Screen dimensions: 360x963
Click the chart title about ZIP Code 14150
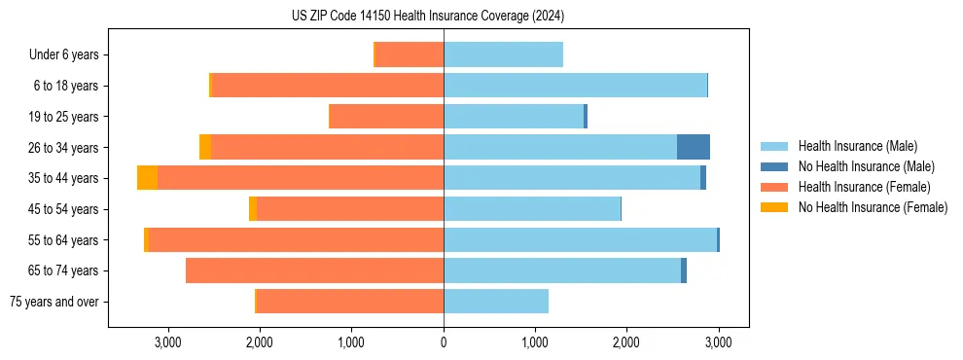pyautogui.click(x=428, y=17)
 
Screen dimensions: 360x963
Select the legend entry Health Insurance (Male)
pyautogui.click(x=857, y=146)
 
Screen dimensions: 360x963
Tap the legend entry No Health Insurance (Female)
pyautogui.click(x=872, y=207)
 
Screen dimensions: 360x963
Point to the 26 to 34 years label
pyautogui.click(x=64, y=148)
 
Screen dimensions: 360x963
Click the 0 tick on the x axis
pyautogui.click(x=444, y=342)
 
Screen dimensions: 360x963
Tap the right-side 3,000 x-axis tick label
pyautogui.click(x=718, y=342)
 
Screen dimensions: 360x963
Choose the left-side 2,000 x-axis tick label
pyautogui.click(x=260, y=342)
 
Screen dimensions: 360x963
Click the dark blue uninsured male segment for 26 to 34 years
pyautogui.click(x=694, y=147)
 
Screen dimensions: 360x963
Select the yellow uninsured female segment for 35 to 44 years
pyautogui.click(x=147, y=178)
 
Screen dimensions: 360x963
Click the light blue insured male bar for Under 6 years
pyautogui.click(x=503, y=55)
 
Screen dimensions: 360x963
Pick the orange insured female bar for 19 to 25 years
pyautogui.click(x=387, y=117)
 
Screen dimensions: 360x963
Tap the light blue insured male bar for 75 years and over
pyautogui.click(x=496, y=302)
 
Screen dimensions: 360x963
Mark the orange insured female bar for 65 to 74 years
pyautogui.click(x=314, y=270)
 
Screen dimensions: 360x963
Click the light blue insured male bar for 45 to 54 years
pyautogui.click(x=532, y=209)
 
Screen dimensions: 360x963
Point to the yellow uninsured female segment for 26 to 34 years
pyautogui.click(x=205, y=147)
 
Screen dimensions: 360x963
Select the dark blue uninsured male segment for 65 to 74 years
pyautogui.click(x=684, y=270)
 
